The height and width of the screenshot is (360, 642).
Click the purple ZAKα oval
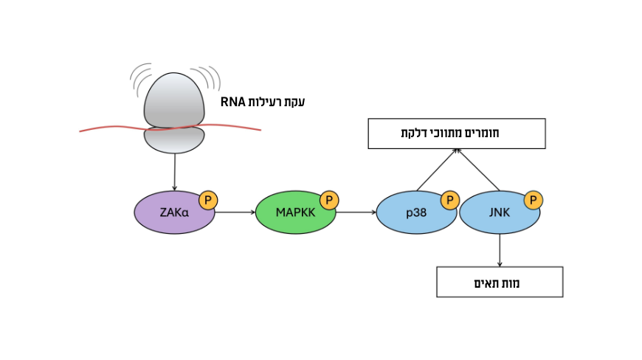[x=170, y=213]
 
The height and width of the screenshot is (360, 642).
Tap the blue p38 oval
[x=413, y=214]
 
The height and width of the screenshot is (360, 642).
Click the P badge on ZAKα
[x=208, y=199]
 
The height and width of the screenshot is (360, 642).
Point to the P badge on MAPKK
[x=329, y=200]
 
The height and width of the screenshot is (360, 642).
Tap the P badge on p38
[x=450, y=200]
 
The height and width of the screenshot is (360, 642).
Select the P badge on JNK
[x=534, y=200]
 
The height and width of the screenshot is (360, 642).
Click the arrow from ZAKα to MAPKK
[x=235, y=212]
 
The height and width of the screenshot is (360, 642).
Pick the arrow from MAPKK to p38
[x=356, y=212]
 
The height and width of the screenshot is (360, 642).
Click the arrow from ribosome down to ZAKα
[x=174, y=171]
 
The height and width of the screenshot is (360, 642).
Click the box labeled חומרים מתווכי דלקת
[x=457, y=134]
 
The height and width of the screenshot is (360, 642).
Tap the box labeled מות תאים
[x=500, y=282]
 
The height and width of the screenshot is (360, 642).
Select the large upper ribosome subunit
[x=174, y=100]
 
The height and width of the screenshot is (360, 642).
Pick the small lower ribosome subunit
[x=174, y=139]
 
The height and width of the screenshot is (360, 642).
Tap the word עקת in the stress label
[x=293, y=102]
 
